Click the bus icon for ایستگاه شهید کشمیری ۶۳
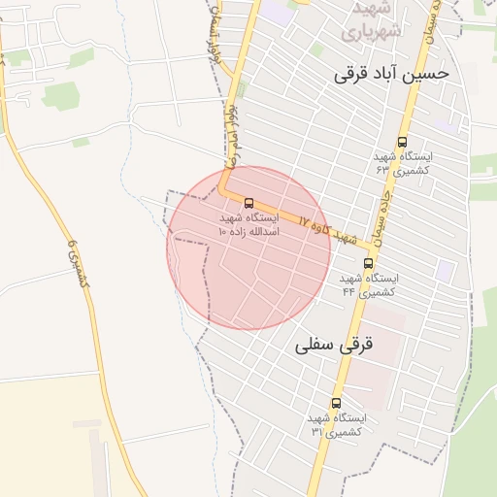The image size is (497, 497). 403,142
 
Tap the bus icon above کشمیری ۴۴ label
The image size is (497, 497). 368,263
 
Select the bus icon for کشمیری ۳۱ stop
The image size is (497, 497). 336,403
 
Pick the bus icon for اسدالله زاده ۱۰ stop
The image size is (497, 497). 249,204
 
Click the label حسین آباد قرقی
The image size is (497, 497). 391,74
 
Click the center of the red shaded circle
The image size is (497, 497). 248,248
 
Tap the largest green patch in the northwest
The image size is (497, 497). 60,95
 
